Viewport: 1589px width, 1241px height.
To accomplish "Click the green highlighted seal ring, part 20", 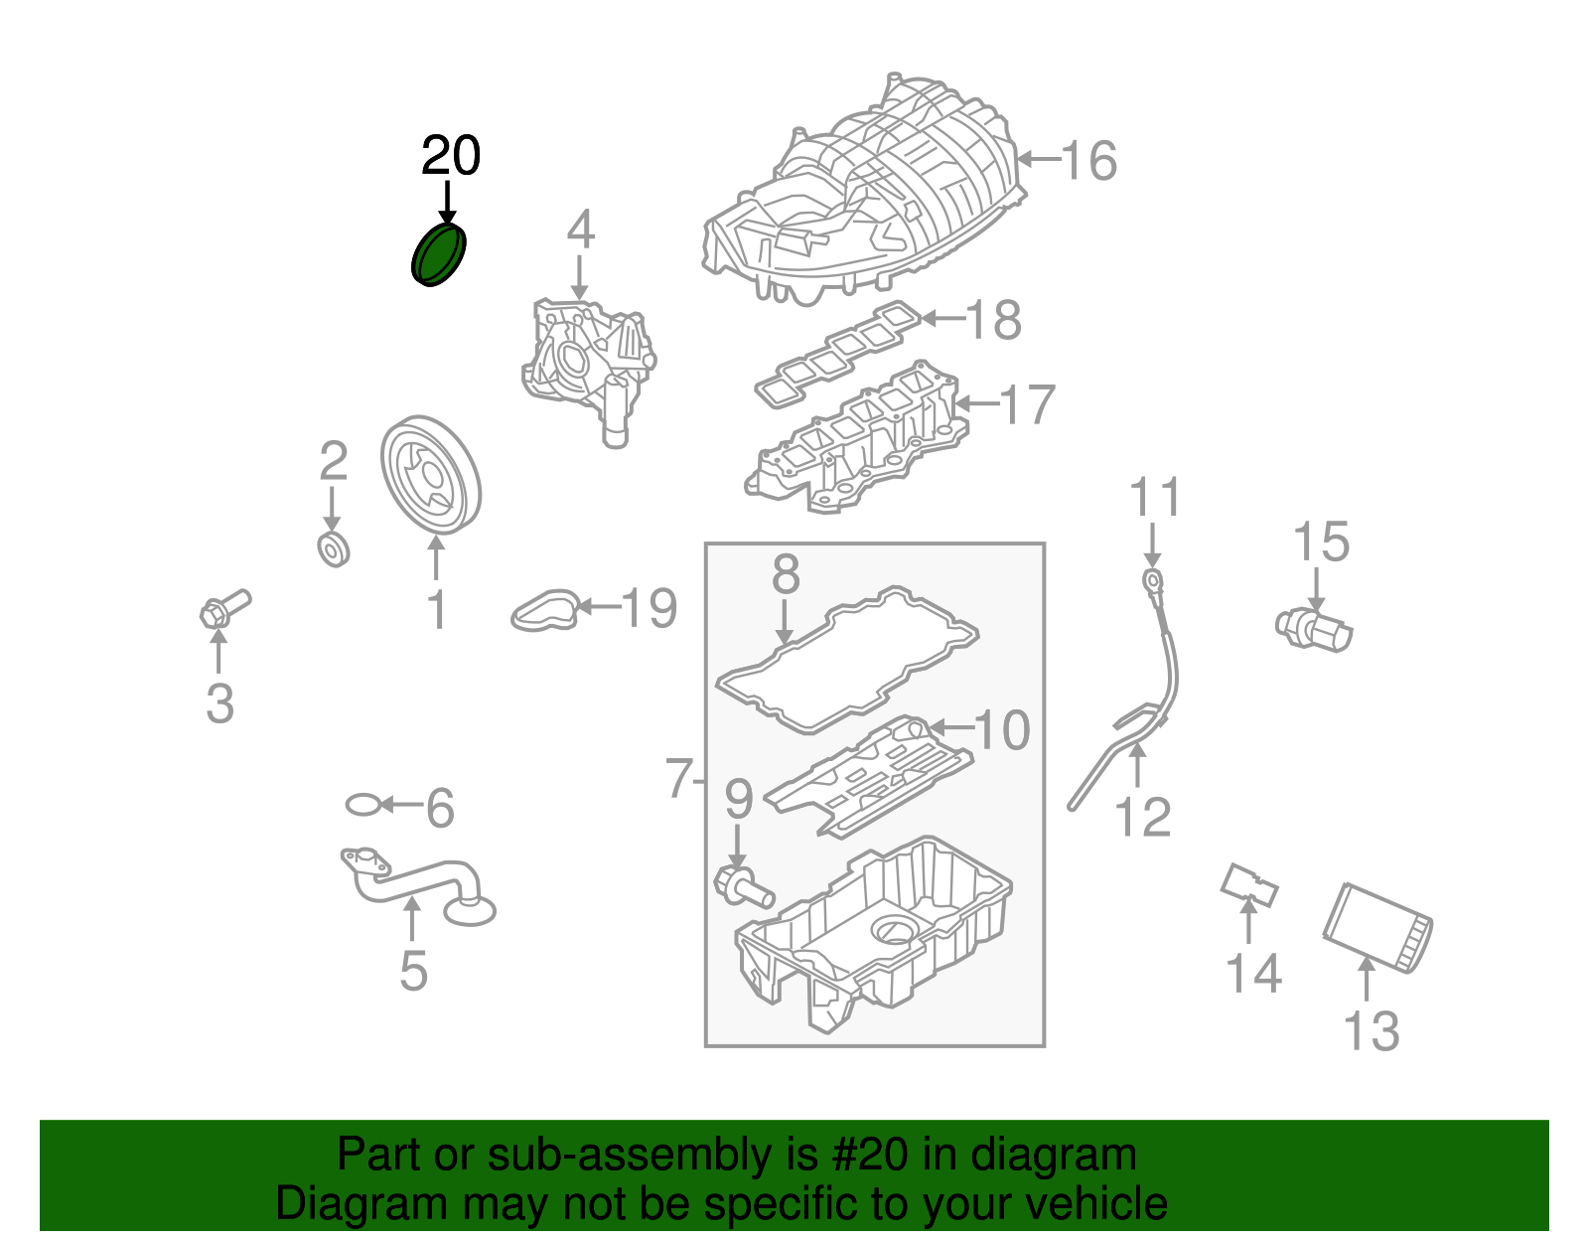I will coord(439,254).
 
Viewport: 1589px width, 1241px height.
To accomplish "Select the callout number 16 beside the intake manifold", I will coord(1088,161).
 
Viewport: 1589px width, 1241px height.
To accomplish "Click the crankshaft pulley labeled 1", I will coord(431,476).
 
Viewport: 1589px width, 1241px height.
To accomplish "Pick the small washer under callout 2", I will coord(334,549).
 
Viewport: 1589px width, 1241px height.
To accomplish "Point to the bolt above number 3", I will coord(224,607).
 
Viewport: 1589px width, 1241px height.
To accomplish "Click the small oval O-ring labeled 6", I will coord(363,805).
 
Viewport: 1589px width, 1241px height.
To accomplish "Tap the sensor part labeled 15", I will coord(1314,627).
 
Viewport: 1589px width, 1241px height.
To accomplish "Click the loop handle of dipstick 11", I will coord(1151,579).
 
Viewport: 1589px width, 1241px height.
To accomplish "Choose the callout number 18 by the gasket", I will coord(994,320).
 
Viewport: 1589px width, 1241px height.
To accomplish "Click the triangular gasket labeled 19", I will coord(545,609).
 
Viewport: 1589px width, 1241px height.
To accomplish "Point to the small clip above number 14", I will coord(1248,884).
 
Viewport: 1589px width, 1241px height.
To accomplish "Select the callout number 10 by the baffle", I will coord(1002,730).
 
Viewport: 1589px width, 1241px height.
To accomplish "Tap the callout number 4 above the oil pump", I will coord(580,231).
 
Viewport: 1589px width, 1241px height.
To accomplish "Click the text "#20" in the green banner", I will coord(865,1156).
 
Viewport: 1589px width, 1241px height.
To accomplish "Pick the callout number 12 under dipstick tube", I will coord(1143,818).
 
